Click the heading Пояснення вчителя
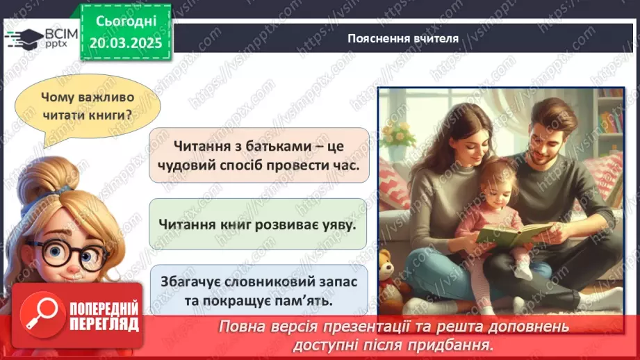tap(403, 38)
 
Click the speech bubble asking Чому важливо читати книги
tap(87, 106)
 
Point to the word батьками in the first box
tap(262, 146)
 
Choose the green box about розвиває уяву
tap(257, 224)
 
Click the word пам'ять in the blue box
tap(307, 302)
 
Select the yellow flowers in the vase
tap(398, 133)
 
